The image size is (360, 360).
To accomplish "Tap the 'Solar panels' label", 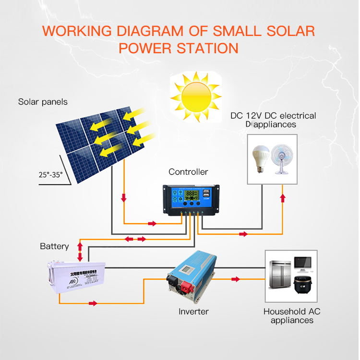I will tap(43, 102).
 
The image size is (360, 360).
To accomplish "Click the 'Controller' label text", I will tap(188, 171).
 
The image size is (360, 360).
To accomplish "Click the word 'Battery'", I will tap(54, 246).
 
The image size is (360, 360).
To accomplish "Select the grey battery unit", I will tap(77, 279).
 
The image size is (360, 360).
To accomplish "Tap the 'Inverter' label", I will tap(193, 312).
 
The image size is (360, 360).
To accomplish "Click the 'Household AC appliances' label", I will tap(291, 316).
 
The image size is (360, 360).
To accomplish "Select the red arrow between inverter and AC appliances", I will tap(235, 278).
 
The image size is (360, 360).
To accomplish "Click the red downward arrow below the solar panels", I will tap(124, 198).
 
